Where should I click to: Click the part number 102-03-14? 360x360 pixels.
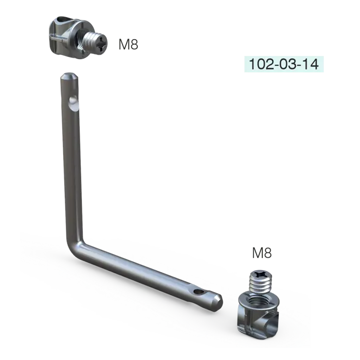pyautogui.click(x=284, y=64)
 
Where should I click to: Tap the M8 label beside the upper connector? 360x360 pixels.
pyautogui.click(x=128, y=44)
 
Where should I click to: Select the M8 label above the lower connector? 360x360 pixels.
pyautogui.click(x=262, y=253)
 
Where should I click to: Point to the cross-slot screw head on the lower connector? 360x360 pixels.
pyautogui.click(x=260, y=274)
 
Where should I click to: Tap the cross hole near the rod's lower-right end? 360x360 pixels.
pyautogui.click(x=197, y=292)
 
